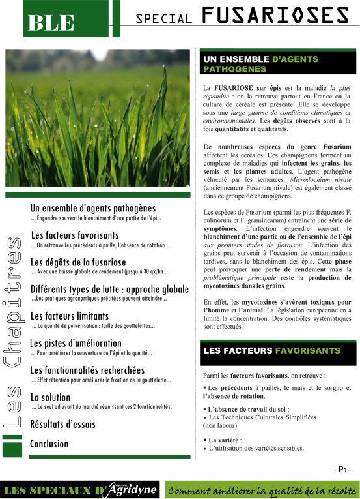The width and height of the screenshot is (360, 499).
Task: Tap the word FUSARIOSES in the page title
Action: [x=275, y=16]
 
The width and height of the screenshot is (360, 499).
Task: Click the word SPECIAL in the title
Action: [x=163, y=19]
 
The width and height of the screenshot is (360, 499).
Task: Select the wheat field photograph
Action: [x=98, y=117]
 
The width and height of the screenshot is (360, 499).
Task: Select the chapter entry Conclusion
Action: [x=49, y=444]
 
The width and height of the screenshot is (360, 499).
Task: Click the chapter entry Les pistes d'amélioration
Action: [x=76, y=343]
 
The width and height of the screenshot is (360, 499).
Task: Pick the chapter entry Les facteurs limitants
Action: [x=71, y=316]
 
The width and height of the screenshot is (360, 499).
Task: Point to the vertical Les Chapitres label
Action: [x=14, y=333]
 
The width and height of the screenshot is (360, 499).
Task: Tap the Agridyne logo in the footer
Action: [x=127, y=488]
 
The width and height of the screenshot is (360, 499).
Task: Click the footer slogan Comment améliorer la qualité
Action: [x=260, y=489]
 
